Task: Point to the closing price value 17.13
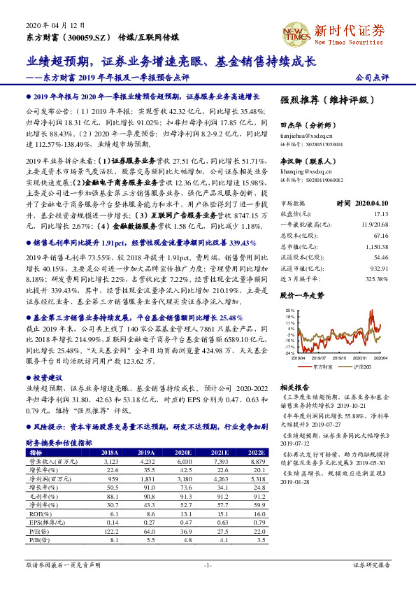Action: click(x=380, y=213)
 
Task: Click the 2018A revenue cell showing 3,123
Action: click(x=110, y=462)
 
